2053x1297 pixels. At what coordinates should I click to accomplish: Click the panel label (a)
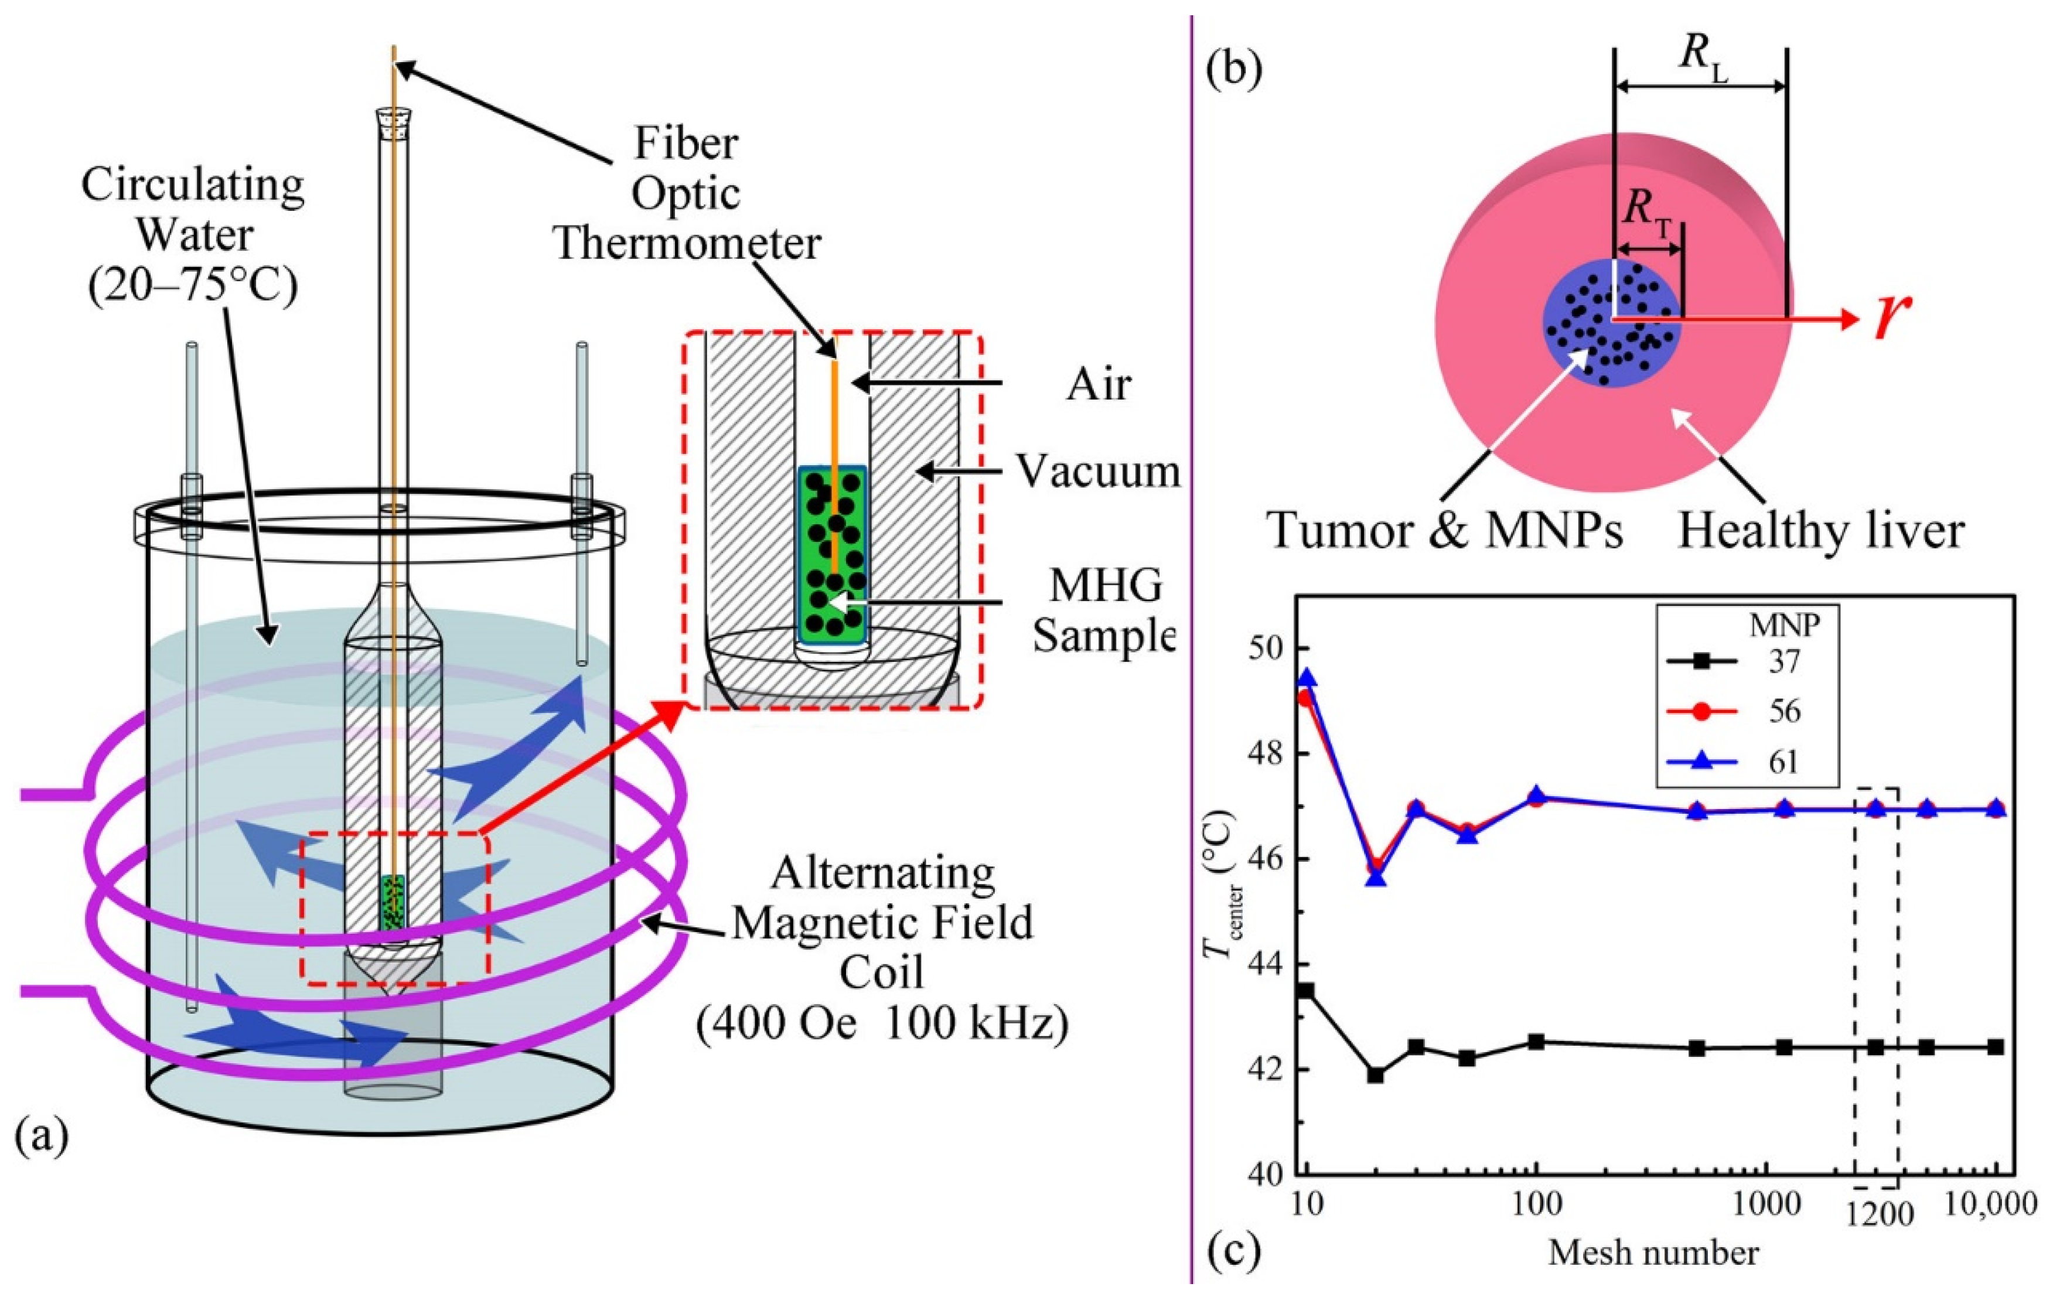42,1138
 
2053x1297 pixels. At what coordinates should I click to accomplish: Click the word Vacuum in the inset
1097,472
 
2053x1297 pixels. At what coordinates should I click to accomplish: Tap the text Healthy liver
1821,530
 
